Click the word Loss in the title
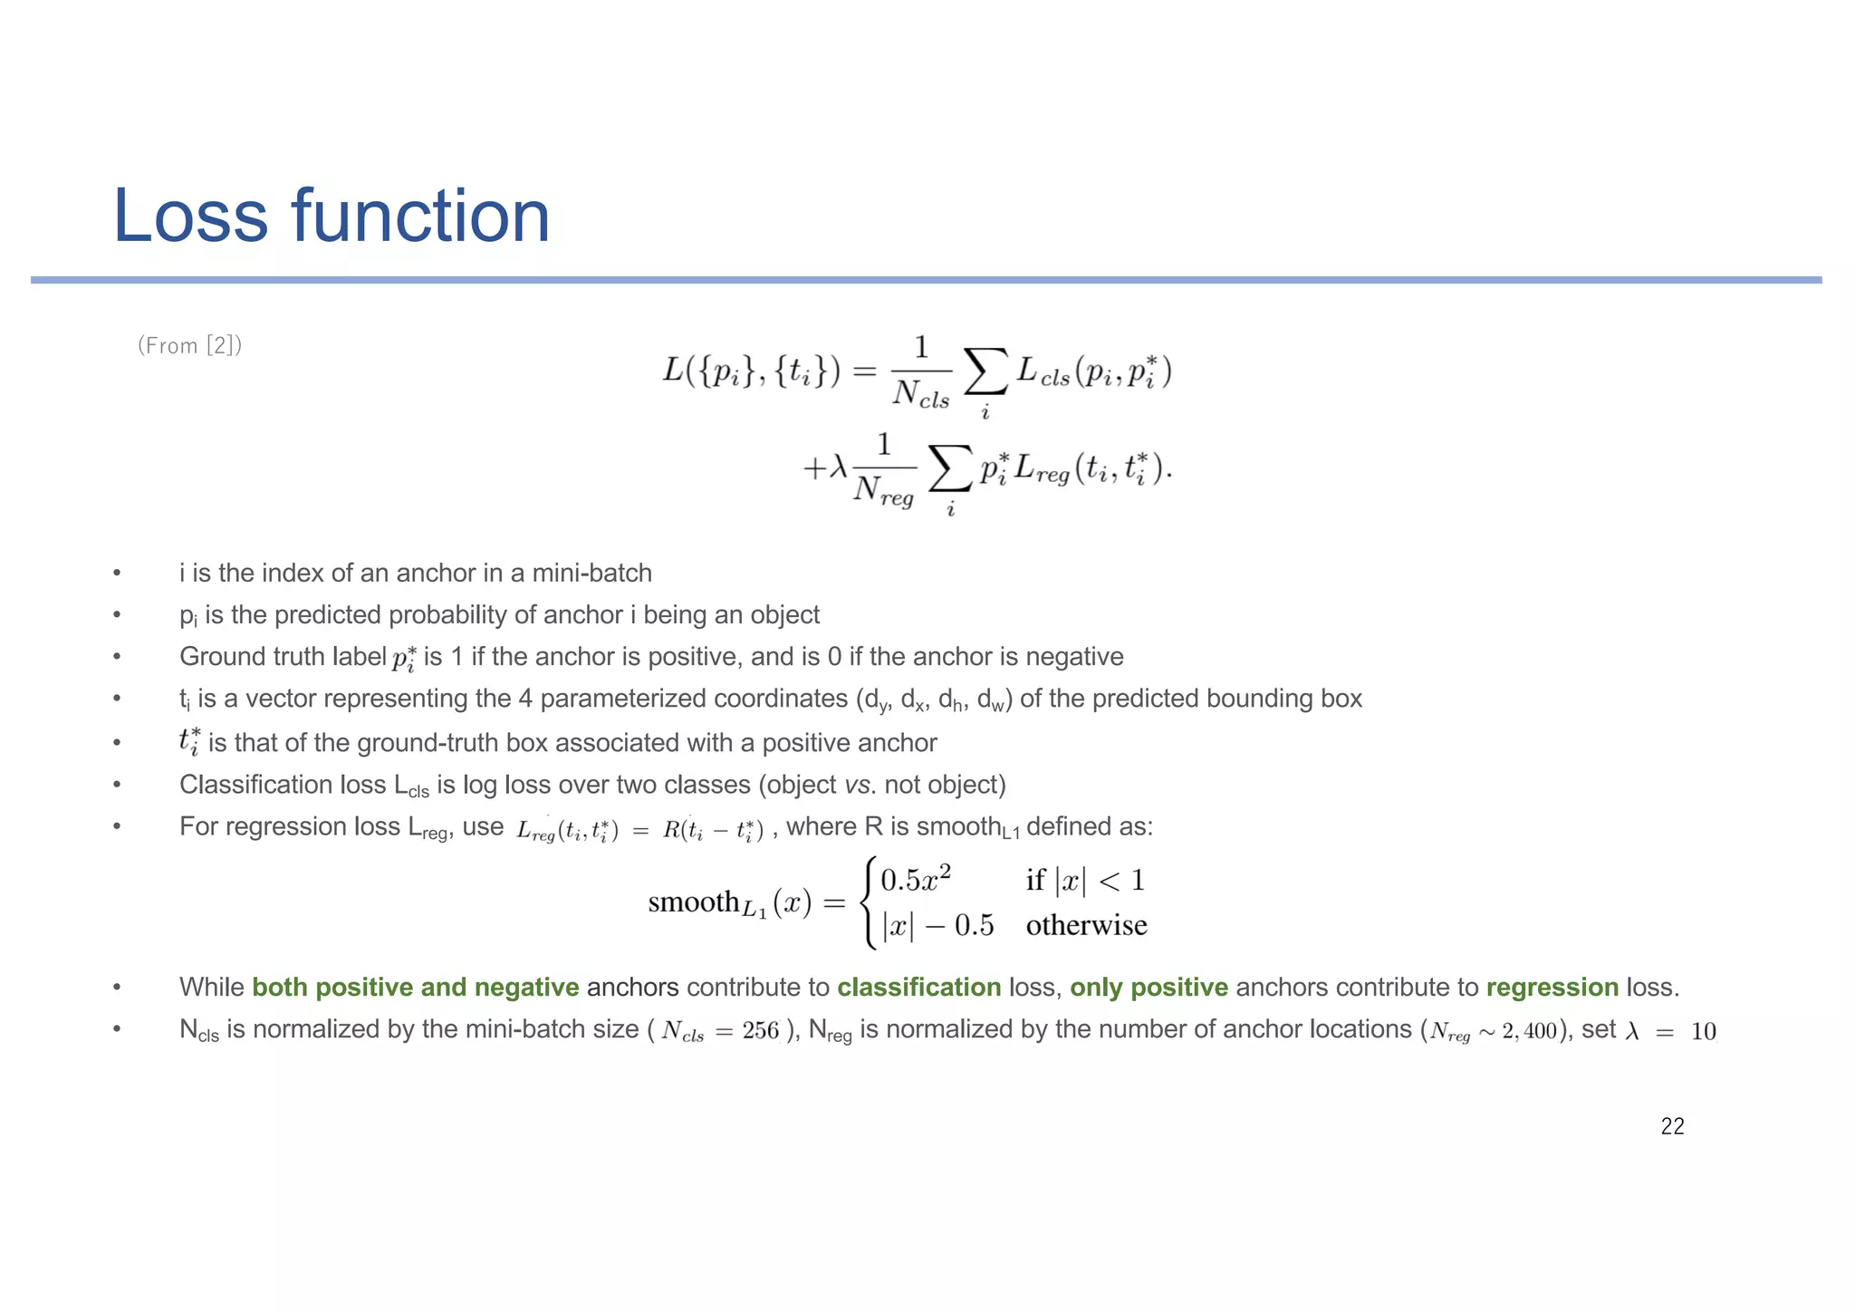(191, 217)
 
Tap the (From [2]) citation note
(189, 345)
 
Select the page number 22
(1672, 1126)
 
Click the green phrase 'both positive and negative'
(415, 987)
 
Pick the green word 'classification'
(918, 987)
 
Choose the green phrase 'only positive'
(1149, 987)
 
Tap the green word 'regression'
(1552, 987)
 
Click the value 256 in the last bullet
(760, 1031)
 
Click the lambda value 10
(1703, 1031)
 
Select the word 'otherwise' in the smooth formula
(1086, 925)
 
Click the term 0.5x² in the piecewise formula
(916, 879)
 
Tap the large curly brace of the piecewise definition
(870, 902)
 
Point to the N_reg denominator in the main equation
(883, 492)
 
